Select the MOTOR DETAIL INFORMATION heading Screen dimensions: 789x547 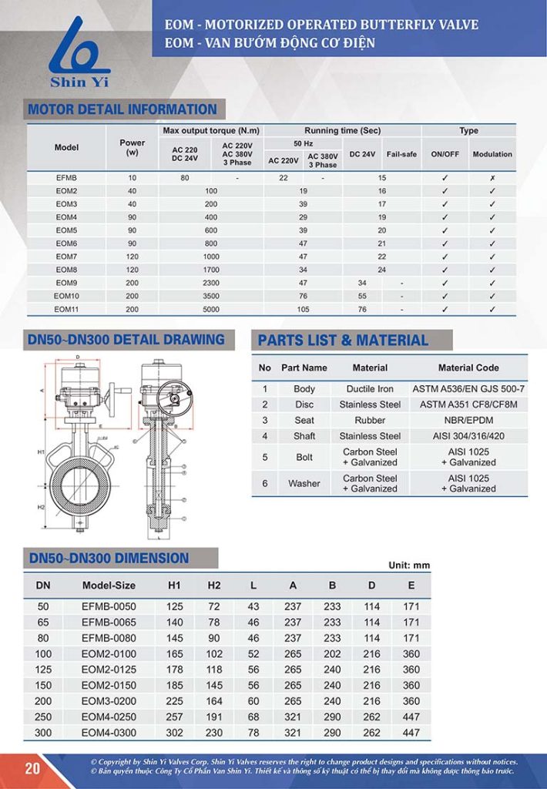(x=122, y=109)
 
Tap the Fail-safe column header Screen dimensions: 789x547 (x=401, y=154)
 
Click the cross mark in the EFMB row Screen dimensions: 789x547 (x=492, y=178)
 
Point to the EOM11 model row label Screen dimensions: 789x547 (x=66, y=309)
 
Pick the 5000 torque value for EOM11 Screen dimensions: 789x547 (x=211, y=309)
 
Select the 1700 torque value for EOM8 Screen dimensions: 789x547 (x=211, y=270)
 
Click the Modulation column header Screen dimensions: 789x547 (x=492, y=154)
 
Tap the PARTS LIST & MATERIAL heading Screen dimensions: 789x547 (x=343, y=341)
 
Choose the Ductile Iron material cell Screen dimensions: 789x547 (x=370, y=389)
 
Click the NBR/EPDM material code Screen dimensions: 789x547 (x=468, y=420)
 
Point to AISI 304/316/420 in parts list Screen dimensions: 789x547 (x=468, y=436)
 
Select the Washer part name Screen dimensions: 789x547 (x=304, y=483)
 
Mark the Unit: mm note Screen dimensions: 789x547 (x=408, y=566)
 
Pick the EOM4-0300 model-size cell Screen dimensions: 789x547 (x=109, y=732)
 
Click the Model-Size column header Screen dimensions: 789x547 (x=109, y=586)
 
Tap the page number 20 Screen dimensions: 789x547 (x=32, y=768)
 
